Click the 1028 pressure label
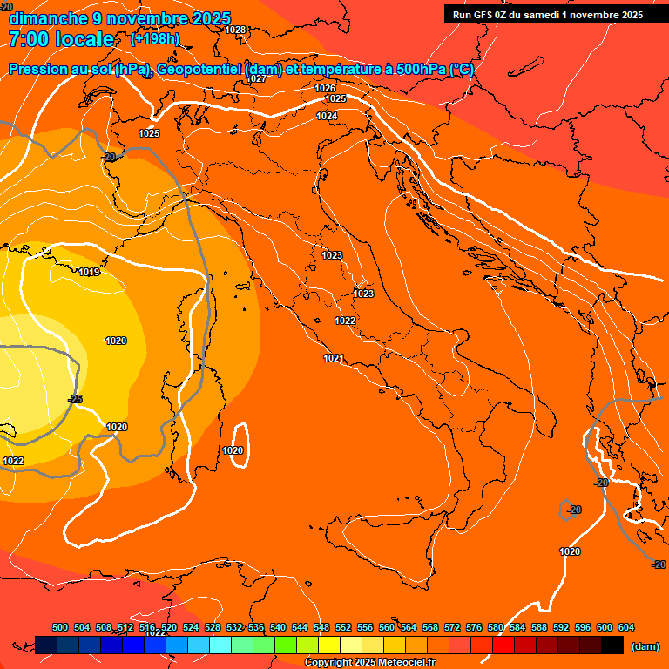[235, 30]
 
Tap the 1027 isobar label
[256, 78]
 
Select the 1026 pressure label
[326, 88]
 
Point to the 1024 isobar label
[327, 116]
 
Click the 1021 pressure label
[334, 358]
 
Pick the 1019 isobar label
[89, 273]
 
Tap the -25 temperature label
[76, 399]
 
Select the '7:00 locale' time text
[61, 39]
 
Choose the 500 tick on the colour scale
[60, 627]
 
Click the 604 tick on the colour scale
[625, 627]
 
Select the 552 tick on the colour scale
[343, 627]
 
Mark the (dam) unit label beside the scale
[645, 646]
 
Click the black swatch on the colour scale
[612, 645]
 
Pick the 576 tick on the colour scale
[474, 627]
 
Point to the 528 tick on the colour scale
[213, 627]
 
